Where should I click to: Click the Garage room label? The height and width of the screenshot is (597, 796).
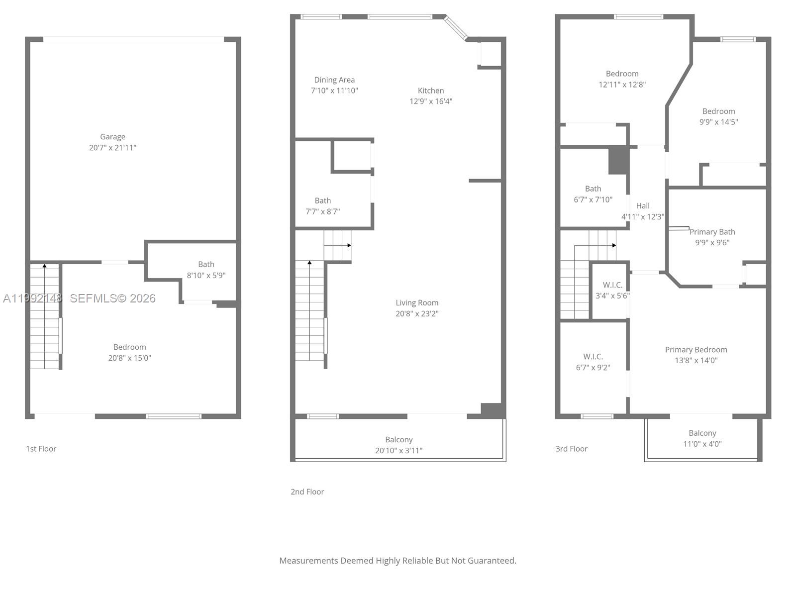click(x=112, y=137)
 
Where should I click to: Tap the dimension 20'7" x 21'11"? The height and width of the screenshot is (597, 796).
click(x=112, y=148)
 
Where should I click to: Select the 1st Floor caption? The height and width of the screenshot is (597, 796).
click(x=41, y=449)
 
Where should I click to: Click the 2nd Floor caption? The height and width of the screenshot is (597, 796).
click(x=307, y=492)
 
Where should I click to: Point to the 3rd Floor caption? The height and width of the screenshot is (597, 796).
click(x=571, y=449)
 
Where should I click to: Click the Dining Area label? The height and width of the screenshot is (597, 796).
click(x=334, y=80)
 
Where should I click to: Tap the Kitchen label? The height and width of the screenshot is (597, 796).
click(x=431, y=91)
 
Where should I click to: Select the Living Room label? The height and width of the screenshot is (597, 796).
click(x=417, y=302)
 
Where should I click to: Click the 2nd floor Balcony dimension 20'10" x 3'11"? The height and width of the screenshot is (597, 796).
click(x=398, y=451)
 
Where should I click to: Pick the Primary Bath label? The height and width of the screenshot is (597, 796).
click(x=712, y=232)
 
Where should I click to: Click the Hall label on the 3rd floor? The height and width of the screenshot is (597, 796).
click(x=643, y=205)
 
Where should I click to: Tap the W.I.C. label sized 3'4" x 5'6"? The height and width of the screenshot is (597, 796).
click(x=612, y=285)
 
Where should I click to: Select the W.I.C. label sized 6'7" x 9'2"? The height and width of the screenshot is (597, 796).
click(x=593, y=357)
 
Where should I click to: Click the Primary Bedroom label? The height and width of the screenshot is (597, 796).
click(x=696, y=350)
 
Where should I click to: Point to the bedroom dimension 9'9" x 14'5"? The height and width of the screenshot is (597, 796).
click(x=718, y=122)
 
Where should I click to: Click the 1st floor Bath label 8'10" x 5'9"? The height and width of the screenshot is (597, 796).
click(x=206, y=264)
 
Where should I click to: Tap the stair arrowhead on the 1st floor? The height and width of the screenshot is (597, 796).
click(x=44, y=266)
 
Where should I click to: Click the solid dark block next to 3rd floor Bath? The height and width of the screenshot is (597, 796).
click(x=618, y=160)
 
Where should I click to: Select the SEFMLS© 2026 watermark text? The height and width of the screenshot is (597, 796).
click(x=113, y=298)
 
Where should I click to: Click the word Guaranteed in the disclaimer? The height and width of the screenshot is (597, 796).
click(x=490, y=561)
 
